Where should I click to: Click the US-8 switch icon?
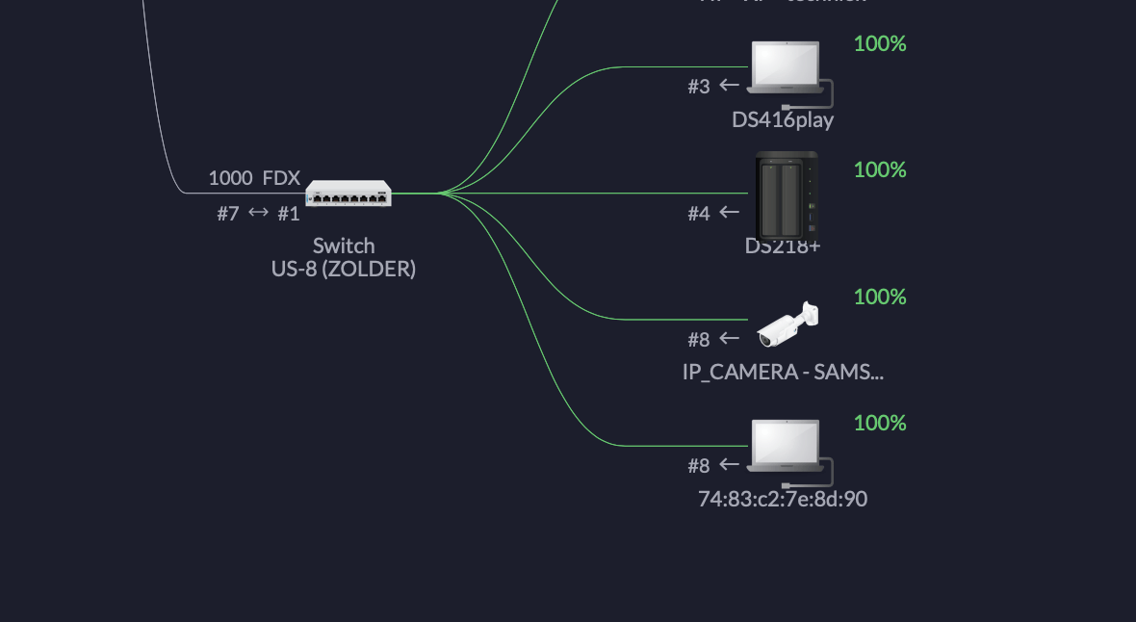click(x=349, y=194)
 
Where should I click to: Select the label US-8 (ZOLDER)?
click(x=344, y=270)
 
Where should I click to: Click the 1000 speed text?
click(x=230, y=178)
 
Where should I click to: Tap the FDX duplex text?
click(x=281, y=178)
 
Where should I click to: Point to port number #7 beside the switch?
click(x=227, y=214)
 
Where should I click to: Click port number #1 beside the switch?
click(x=289, y=214)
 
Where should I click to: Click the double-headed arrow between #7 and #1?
click(x=258, y=213)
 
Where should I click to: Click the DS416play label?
click(x=783, y=120)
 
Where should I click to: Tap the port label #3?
click(x=699, y=87)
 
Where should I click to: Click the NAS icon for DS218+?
click(x=787, y=195)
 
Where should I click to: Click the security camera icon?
click(x=787, y=324)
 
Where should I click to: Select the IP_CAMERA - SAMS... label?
click(x=783, y=372)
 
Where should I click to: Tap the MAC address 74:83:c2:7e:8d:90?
click(x=783, y=499)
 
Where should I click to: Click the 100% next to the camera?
click(x=880, y=297)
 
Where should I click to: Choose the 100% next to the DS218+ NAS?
click(x=880, y=169)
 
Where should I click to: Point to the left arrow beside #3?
click(x=730, y=85)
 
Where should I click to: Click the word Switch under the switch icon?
click(x=344, y=246)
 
